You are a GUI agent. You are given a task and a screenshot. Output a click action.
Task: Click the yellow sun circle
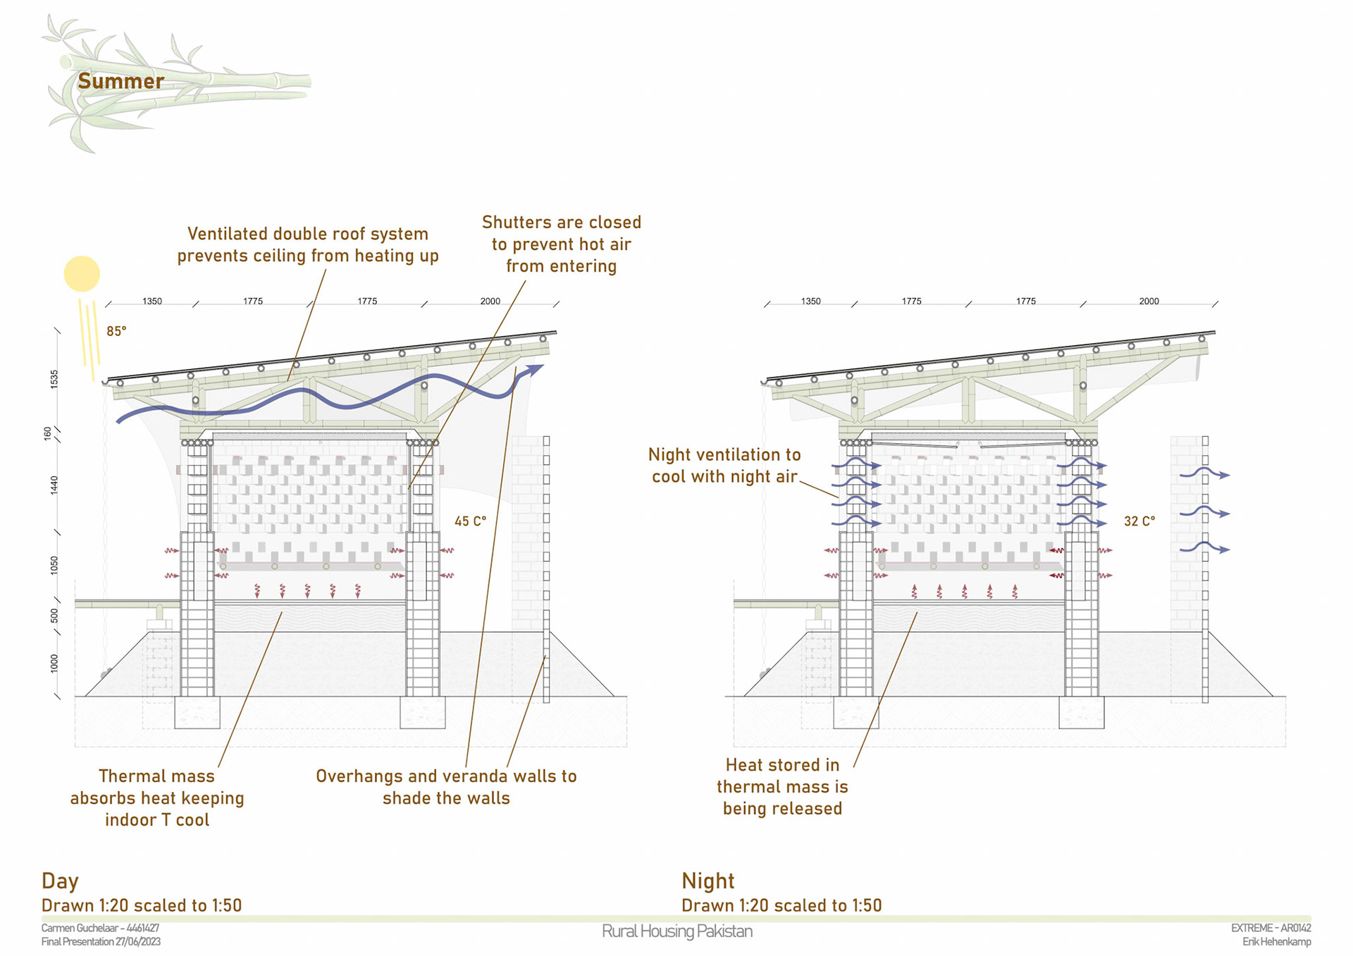point(82,273)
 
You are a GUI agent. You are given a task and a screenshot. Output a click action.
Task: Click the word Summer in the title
point(121,81)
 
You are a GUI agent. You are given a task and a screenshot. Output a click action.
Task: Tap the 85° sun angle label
point(116,331)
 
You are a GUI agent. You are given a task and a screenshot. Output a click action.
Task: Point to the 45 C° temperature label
point(470,521)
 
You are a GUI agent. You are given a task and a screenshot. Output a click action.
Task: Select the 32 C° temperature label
point(1139,521)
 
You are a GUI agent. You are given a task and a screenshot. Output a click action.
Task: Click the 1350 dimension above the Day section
point(152,301)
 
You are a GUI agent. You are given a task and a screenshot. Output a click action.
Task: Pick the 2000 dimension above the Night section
point(1149,301)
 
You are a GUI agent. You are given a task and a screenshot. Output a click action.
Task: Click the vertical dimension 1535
point(54,379)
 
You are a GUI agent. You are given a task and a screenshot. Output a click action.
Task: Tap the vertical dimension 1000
point(54,663)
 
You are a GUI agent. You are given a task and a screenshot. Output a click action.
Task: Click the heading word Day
point(60,881)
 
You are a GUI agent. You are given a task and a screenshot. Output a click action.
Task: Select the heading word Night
point(708,881)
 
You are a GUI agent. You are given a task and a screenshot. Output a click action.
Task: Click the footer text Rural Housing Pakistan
point(676,931)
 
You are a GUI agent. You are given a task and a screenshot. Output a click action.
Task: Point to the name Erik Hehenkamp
point(1276,942)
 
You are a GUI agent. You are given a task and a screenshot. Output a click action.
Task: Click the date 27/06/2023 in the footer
point(138,942)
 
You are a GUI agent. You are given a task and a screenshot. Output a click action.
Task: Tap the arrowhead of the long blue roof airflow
point(537,368)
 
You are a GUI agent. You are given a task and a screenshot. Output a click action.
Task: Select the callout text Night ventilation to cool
point(724,465)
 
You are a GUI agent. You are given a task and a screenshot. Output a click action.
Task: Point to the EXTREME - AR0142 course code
point(1271,928)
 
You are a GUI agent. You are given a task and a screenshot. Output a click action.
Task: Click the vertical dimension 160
point(47,433)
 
